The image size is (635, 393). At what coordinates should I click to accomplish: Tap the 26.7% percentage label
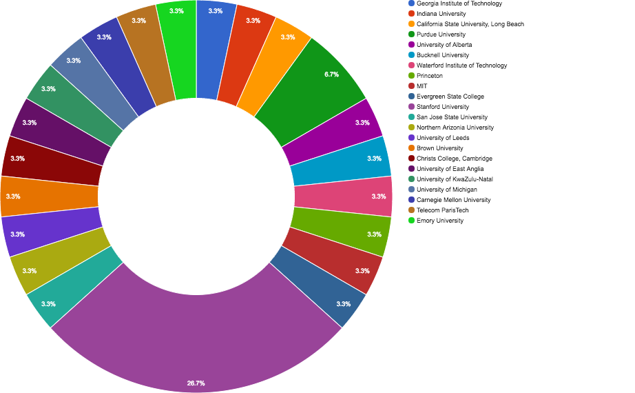coord(196,383)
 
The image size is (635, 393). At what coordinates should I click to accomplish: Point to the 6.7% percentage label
coord(331,74)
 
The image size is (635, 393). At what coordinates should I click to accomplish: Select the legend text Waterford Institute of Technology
coord(461,65)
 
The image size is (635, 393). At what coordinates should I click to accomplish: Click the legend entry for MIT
coord(421,86)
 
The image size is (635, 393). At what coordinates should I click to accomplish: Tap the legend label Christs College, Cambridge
coord(454,159)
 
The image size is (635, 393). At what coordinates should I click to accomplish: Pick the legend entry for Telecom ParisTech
coord(442,210)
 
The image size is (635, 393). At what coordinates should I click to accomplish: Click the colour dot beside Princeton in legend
coord(411,76)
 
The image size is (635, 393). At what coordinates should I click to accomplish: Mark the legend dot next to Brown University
coord(411,148)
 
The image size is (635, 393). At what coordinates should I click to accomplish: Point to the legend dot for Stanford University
coord(411,107)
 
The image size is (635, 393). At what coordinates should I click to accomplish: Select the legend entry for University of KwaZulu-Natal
coord(455,179)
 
